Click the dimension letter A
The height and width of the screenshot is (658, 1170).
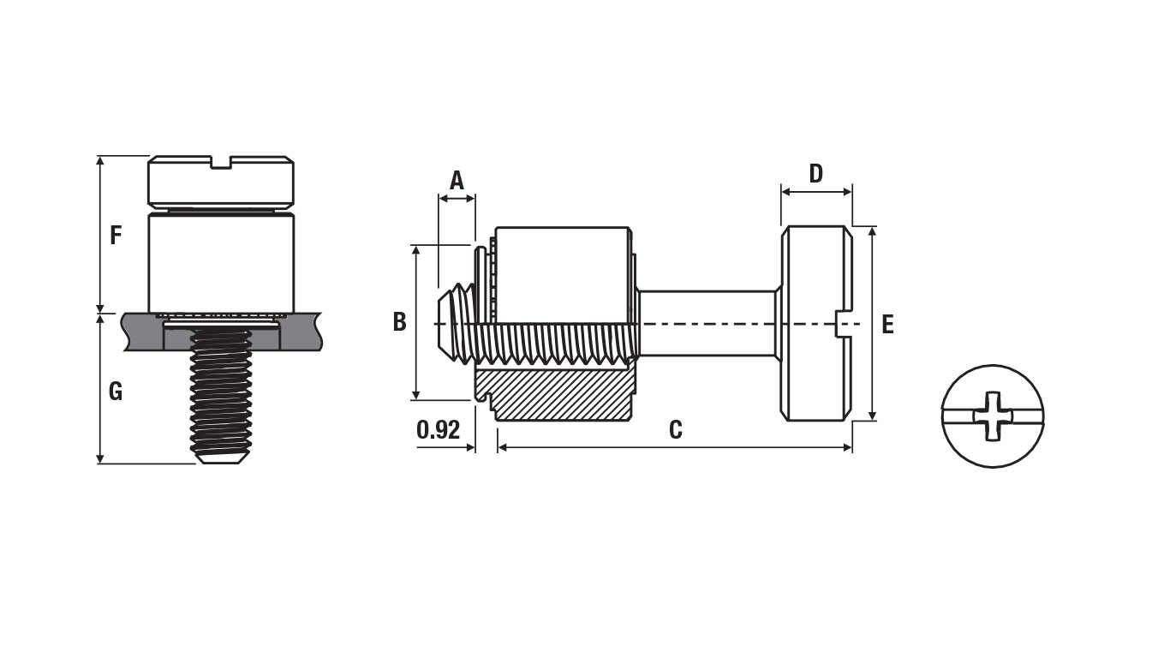[457, 180]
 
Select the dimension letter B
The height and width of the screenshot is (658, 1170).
[400, 322]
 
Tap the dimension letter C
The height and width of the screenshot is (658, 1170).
[675, 429]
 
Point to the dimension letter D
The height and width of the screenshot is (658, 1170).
[816, 174]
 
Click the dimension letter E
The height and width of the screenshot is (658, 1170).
[887, 325]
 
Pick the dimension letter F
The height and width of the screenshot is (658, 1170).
[116, 236]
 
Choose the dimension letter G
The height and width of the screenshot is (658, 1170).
[116, 391]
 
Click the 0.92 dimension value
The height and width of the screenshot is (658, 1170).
[439, 429]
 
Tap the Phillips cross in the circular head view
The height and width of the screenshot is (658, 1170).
[993, 416]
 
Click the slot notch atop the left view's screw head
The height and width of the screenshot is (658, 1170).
[221, 162]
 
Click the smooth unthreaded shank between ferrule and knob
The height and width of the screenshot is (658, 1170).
[706, 324]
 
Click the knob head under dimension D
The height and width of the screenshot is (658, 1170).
[817, 324]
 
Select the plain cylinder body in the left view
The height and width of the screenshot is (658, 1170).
[221, 262]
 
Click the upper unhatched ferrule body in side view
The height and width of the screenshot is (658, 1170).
[562, 274]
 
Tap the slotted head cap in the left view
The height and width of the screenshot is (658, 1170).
[221, 180]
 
